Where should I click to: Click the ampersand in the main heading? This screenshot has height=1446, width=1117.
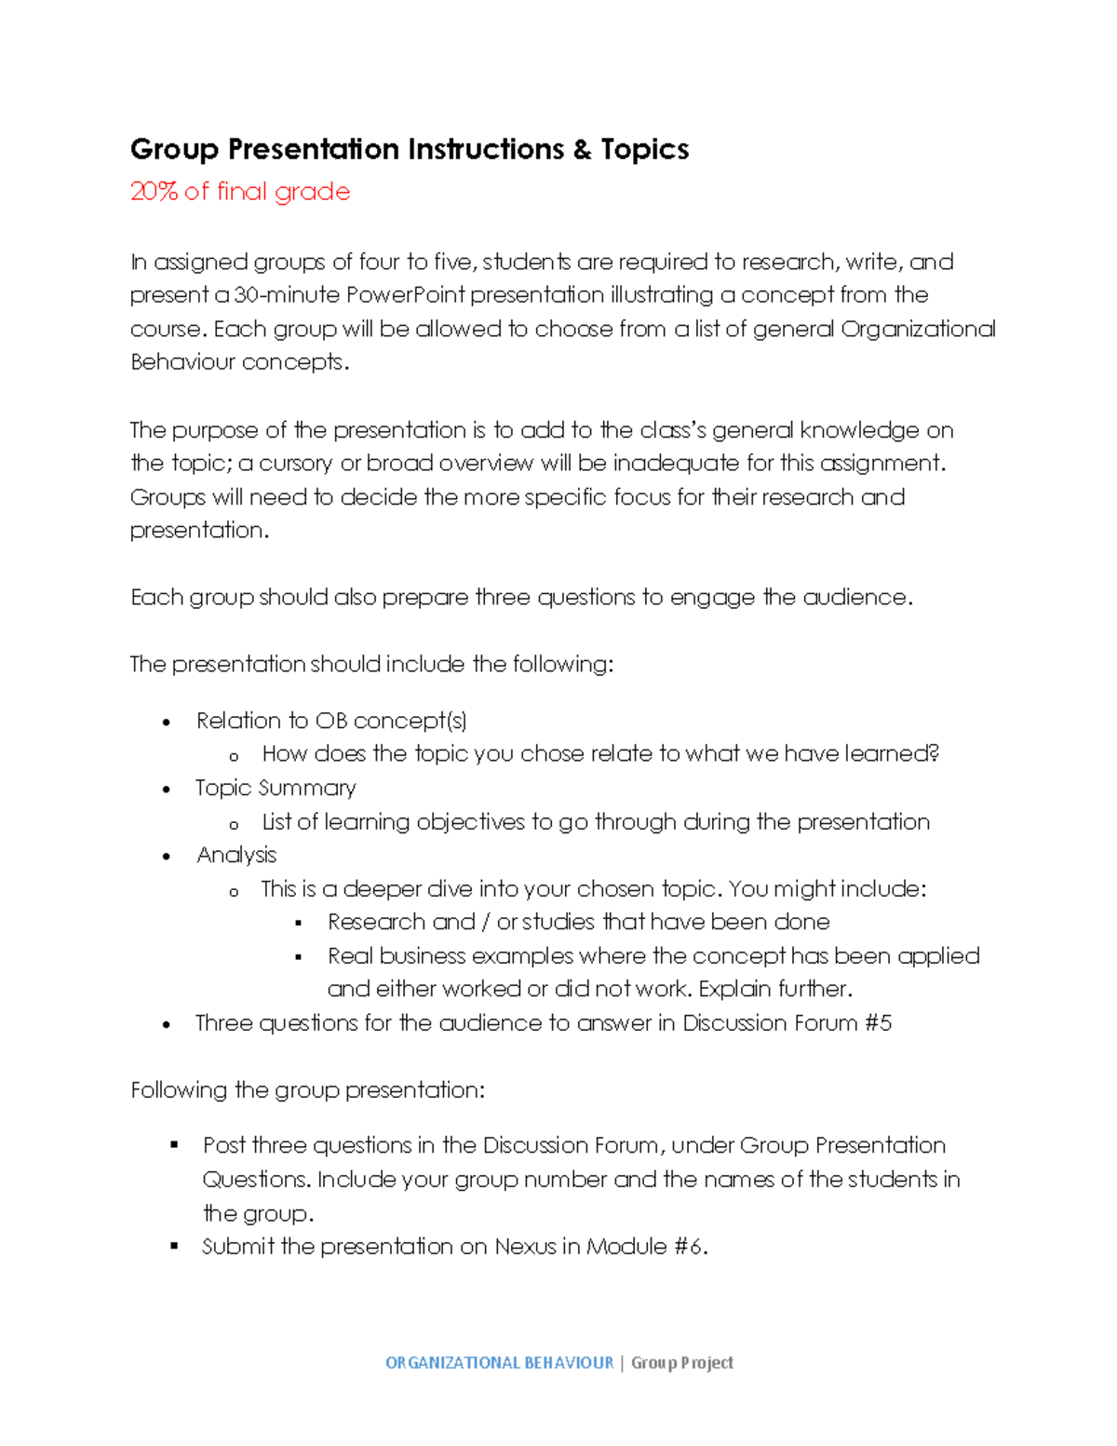coord(583,150)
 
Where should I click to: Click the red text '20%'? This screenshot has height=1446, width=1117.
coord(154,192)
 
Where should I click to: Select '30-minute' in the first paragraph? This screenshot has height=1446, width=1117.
coord(287,295)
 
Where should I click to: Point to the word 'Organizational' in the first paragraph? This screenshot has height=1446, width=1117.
coord(918,330)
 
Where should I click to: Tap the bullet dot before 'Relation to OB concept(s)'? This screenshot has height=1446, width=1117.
coord(167,723)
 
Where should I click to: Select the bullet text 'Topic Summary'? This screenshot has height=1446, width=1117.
coord(276,789)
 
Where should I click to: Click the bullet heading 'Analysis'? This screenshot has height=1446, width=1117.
coord(236,856)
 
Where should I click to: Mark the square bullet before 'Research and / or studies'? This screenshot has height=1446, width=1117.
coord(299,923)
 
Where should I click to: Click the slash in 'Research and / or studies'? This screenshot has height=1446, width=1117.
coord(486,923)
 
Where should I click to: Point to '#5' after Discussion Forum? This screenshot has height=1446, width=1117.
coord(878,1023)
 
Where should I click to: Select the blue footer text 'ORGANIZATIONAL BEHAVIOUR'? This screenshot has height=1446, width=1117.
coord(499,1363)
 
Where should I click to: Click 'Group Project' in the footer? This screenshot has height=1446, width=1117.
coord(682,1363)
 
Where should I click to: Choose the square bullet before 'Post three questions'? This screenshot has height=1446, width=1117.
coord(174,1145)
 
